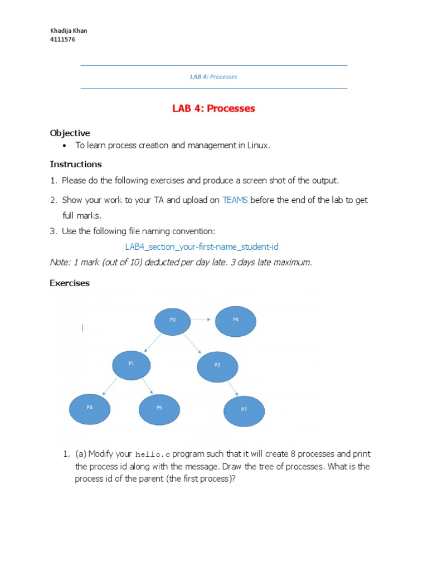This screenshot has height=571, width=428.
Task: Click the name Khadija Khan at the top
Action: click(x=69, y=31)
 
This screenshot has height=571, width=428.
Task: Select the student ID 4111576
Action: click(x=62, y=40)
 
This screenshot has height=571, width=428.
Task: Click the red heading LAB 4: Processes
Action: click(x=213, y=108)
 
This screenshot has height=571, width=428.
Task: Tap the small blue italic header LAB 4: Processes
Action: click(x=213, y=77)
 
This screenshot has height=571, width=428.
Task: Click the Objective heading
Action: click(x=70, y=133)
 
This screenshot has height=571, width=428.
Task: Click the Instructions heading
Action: click(x=76, y=164)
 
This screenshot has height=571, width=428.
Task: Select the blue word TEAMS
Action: click(x=235, y=200)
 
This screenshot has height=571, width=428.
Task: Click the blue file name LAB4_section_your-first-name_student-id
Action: click(x=201, y=246)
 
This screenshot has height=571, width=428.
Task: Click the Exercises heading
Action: click(x=70, y=283)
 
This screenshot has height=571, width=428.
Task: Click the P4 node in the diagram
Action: click(x=235, y=321)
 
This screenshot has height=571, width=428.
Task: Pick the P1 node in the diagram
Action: click(x=132, y=364)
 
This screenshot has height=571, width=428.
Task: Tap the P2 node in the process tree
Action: click(x=217, y=365)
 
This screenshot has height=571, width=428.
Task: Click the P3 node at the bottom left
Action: click(x=90, y=408)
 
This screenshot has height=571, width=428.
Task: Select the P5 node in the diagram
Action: click(x=159, y=408)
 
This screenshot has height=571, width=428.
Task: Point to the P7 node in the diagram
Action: click(x=244, y=410)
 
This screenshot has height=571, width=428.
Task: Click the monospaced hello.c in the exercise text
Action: click(x=153, y=454)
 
